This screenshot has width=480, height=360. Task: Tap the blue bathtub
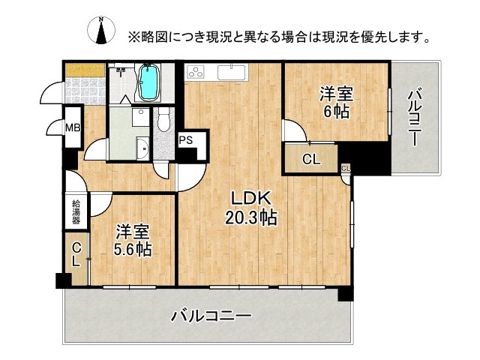click(148, 82)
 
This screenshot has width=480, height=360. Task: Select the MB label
click(72, 129)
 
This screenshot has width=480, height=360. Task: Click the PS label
click(187, 140)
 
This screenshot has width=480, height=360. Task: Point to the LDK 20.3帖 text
click(251, 208)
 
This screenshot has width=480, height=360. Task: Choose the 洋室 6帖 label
click(336, 101)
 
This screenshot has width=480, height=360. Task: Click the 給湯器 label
click(76, 212)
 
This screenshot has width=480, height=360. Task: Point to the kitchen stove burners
click(196, 73)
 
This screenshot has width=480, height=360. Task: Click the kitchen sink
click(230, 73)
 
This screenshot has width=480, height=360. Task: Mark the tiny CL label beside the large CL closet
click(345, 168)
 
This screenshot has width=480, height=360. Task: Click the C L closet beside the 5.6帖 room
click(76, 255)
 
